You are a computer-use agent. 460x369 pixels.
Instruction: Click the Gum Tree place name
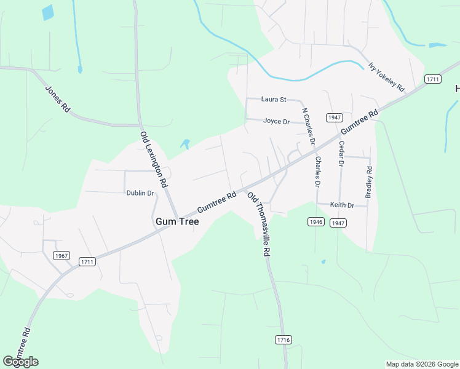click(x=177, y=221)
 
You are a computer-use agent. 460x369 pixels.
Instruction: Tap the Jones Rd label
click(x=57, y=98)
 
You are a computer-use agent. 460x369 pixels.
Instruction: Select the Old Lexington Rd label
click(x=154, y=159)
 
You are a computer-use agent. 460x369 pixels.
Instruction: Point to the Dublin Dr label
click(x=140, y=193)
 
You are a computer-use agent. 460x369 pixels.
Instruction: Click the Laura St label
click(x=274, y=99)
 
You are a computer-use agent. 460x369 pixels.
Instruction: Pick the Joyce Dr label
click(x=276, y=121)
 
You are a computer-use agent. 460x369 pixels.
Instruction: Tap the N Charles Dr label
click(x=308, y=126)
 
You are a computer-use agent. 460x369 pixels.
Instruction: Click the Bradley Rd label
click(x=368, y=182)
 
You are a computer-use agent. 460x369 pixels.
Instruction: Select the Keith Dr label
click(x=342, y=205)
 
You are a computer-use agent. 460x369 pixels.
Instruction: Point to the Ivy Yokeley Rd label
click(x=386, y=77)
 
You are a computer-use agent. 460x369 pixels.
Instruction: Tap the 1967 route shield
click(x=61, y=256)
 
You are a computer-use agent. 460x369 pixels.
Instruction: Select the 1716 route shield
click(x=284, y=339)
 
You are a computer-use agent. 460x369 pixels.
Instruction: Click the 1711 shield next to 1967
click(x=87, y=262)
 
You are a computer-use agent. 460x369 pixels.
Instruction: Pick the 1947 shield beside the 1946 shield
click(x=338, y=223)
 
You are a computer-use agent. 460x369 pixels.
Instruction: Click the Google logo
click(x=20, y=362)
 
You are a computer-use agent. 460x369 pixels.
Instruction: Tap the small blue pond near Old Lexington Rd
click(x=184, y=145)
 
